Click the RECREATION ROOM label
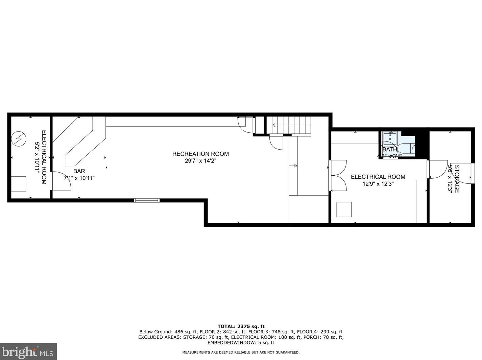click(x=200, y=154)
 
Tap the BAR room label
click(x=79, y=171)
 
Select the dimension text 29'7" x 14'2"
click(x=200, y=161)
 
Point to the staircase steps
click(x=292, y=125)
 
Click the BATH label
click(x=389, y=149)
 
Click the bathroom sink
click(x=390, y=139)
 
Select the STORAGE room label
click(x=457, y=179)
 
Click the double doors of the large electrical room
click(x=338, y=176)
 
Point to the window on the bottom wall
click(x=147, y=200)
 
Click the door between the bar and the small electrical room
click(x=60, y=181)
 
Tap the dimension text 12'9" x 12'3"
click(x=378, y=184)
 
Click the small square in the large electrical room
click(x=344, y=209)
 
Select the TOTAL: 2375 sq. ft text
click(x=241, y=326)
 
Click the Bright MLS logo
click(x=28, y=352)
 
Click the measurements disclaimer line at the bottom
click(x=241, y=352)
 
